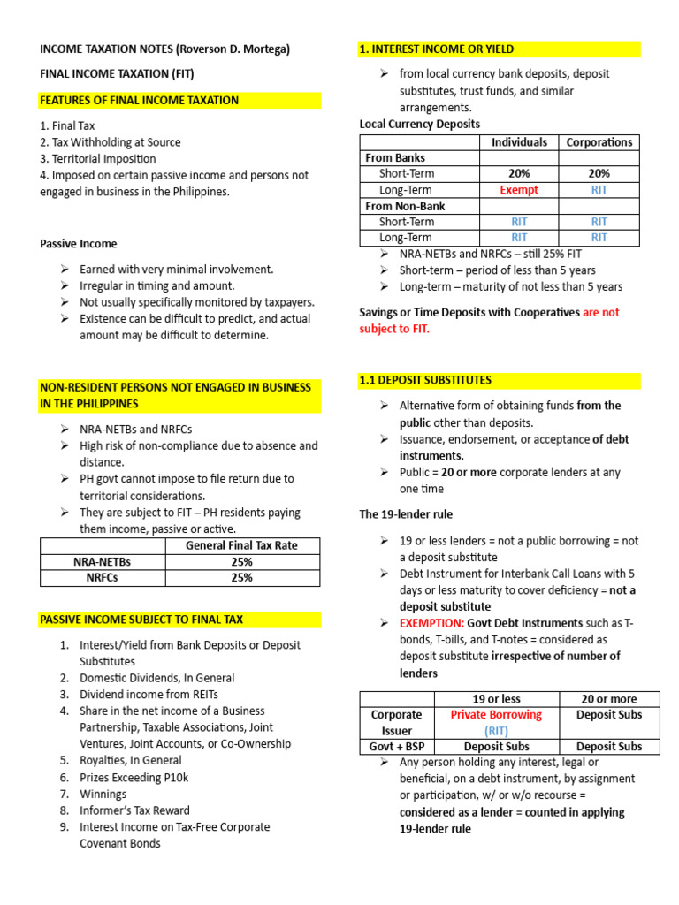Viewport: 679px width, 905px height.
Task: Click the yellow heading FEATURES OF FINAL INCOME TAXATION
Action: [x=139, y=101]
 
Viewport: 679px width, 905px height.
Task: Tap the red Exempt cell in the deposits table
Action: [x=518, y=190]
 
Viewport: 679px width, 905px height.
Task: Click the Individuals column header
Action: [x=518, y=142]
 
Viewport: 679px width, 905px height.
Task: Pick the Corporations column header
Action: [x=599, y=142]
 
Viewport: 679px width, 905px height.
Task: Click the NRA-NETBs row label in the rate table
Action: [x=103, y=562]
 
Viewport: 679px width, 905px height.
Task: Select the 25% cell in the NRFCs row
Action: [x=241, y=578]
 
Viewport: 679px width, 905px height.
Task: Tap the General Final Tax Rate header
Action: [x=241, y=546]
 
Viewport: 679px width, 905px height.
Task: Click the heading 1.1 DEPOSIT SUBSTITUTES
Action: [x=425, y=381]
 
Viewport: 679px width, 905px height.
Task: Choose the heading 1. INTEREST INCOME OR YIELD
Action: [x=436, y=49]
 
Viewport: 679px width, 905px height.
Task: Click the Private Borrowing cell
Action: [x=496, y=714]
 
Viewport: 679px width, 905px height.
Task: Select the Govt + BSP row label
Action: [x=397, y=747]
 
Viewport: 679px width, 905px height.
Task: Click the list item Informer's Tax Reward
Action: [x=134, y=810]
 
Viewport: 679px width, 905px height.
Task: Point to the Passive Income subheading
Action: [x=78, y=244]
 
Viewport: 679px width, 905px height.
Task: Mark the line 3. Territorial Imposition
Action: [x=97, y=159]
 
